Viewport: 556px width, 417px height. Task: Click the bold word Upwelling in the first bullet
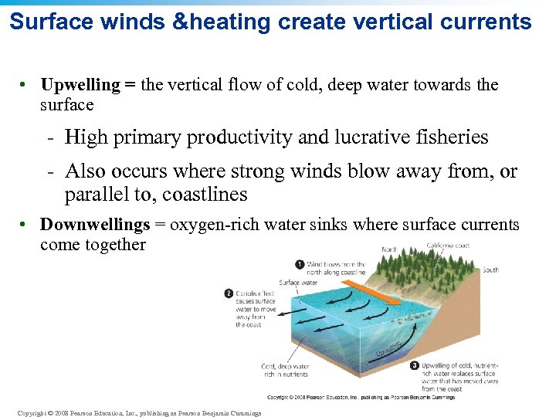(x=80, y=85)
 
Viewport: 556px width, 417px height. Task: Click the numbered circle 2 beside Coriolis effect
(x=229, y=293)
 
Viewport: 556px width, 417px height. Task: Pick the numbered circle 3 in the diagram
(x=415, y=365)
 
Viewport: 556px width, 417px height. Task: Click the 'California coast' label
(x=448, y=246)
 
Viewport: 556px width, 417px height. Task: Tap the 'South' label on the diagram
(x=490, y=270)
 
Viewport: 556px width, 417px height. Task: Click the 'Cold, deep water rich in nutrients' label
(x=284, y=370)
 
